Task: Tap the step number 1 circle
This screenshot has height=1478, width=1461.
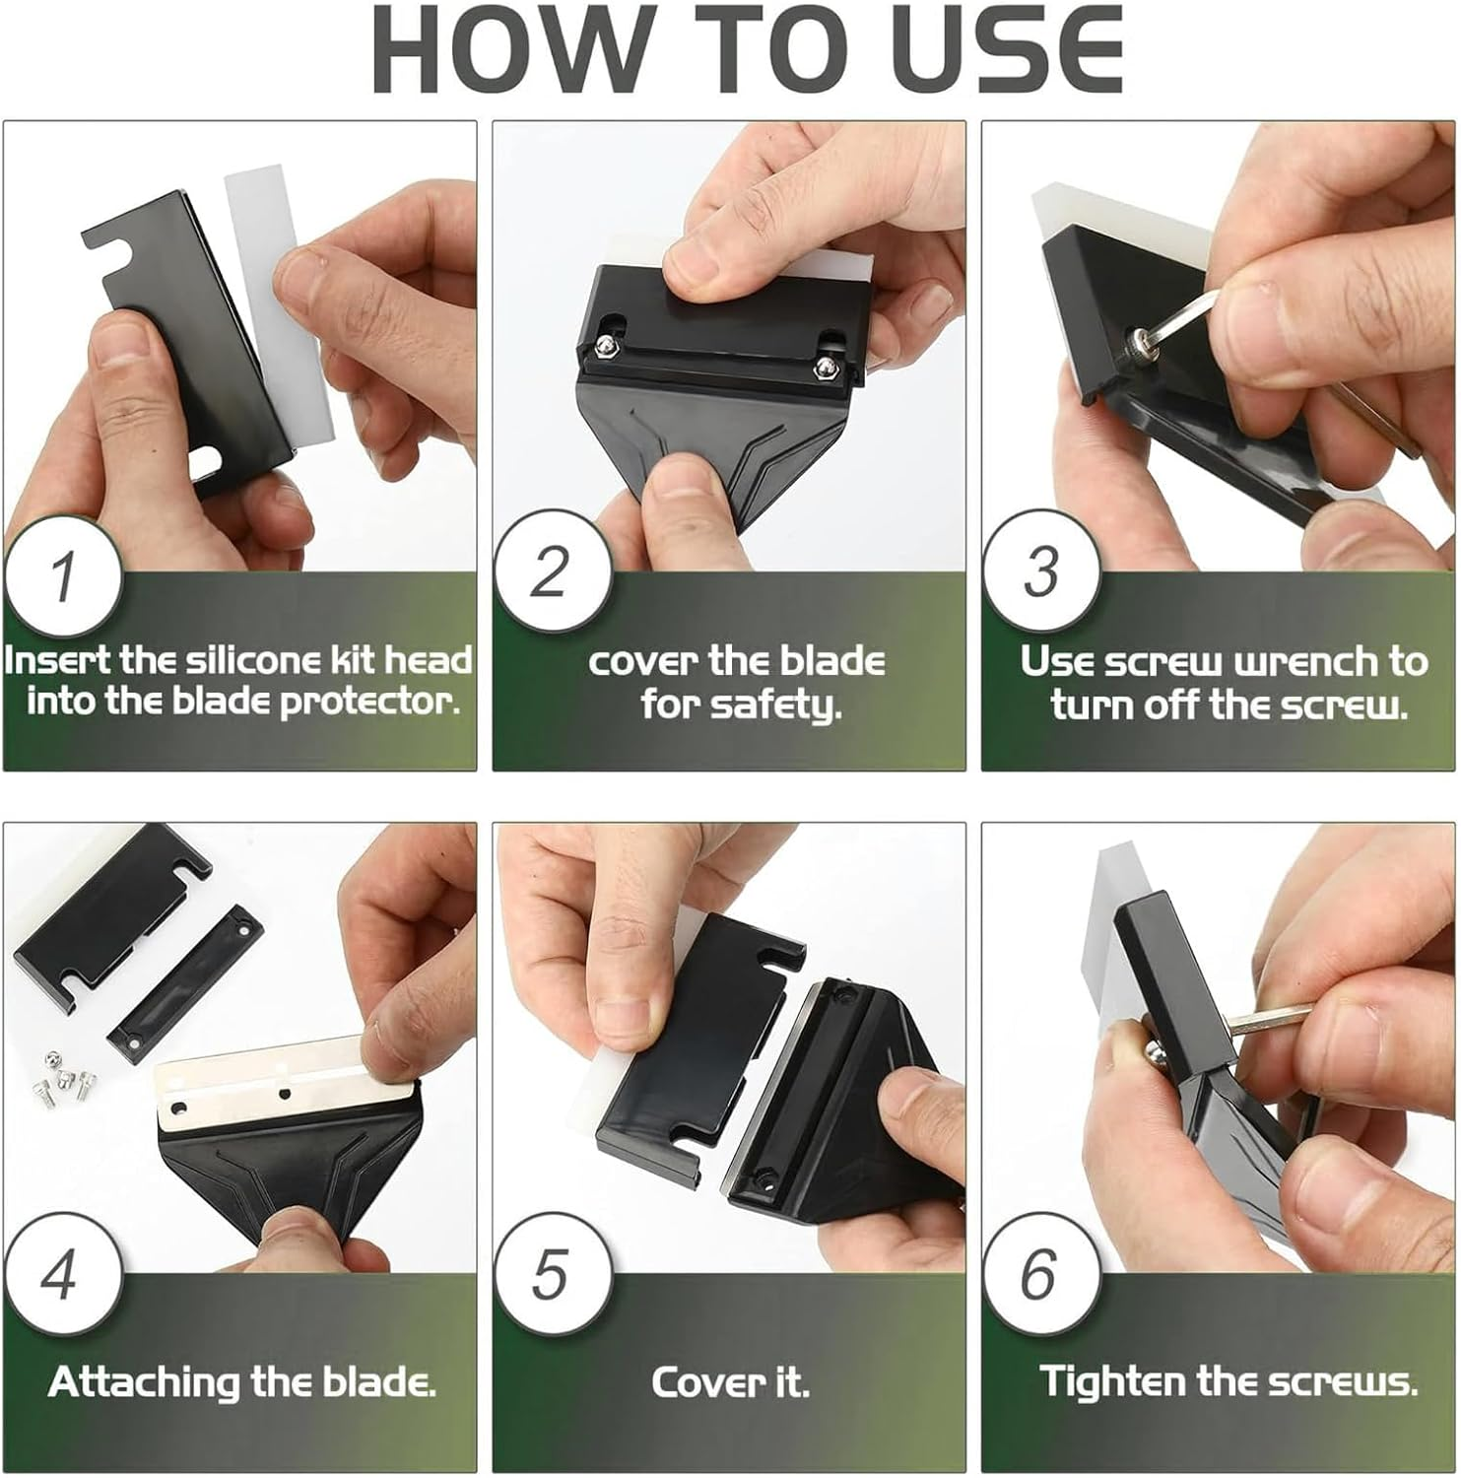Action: [x=63, y=575]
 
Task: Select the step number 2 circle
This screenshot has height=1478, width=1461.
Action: [x=552, y=570]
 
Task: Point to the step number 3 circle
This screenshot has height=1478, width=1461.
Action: [x=1040, y=570]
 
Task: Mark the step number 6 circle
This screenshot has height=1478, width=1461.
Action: [x=1040, y=1273]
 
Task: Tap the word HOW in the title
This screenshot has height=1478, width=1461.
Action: [x=508, y=50]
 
